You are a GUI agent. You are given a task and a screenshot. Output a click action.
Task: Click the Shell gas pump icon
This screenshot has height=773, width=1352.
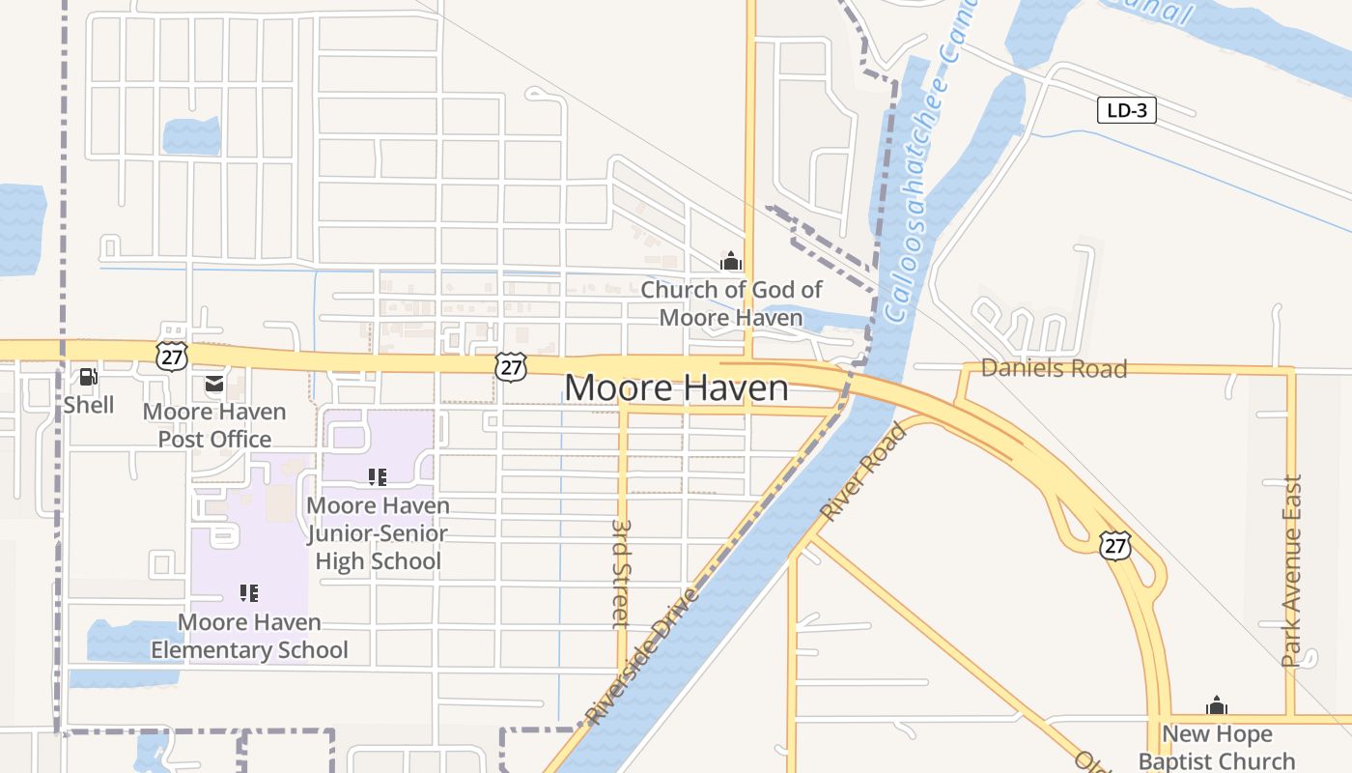pyautogui.click(x=88, y=377)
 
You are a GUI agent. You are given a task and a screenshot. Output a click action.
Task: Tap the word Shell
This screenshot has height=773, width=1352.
pyautogui.click(x=89, y=405)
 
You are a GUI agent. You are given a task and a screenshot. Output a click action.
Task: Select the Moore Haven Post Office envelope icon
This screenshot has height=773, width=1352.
pyautogui.click(x=213, y=385)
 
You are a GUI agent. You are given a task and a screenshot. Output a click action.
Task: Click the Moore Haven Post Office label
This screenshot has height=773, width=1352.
pyautogui.click(x=214, y=425)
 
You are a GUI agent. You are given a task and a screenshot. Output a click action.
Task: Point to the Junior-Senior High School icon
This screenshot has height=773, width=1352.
pyautogui.click(x=378, y=476)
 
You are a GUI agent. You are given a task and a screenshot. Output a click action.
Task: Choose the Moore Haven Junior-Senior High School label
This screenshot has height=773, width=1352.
pyautogui.click(x=378, y=533)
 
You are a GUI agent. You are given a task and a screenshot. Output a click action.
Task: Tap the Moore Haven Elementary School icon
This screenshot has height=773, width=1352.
pyautogui.click(x=249, y=593)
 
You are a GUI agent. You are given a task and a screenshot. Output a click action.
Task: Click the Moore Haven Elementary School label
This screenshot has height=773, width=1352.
pyautogui.click(x=249, y=636)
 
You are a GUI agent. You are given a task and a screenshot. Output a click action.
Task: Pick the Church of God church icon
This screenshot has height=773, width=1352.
pyautogui.click(x=731, y=261)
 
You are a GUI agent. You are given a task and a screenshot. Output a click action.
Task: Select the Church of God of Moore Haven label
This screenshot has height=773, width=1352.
pyautogui.click(x=731, y=303)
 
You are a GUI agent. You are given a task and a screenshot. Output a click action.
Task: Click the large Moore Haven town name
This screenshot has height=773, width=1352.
pyautogui.click(x=676, y=388)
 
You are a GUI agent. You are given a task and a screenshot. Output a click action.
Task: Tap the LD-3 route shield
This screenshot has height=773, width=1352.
pyautogui.click(x=1127, y=110)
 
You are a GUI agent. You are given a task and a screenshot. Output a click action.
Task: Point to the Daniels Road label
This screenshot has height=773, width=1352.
pyautogui.click(x=1054, y=368)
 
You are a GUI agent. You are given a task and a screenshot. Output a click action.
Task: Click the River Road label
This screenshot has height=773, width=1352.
pyautogui.click(x=863, y=472)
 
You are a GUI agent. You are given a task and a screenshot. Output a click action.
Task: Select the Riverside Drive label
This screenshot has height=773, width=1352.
pyautogui.click(x=640, y=655)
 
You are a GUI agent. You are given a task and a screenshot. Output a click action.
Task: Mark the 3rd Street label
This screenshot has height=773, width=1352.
pyautogui.click(x=621, y=574)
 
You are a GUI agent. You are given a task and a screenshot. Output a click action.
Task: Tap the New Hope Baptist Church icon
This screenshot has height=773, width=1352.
pyautogui.click(x=1217, y=705)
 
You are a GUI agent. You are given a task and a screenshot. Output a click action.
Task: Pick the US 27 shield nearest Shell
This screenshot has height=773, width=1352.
pyautogui.click(x=170, y=355)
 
